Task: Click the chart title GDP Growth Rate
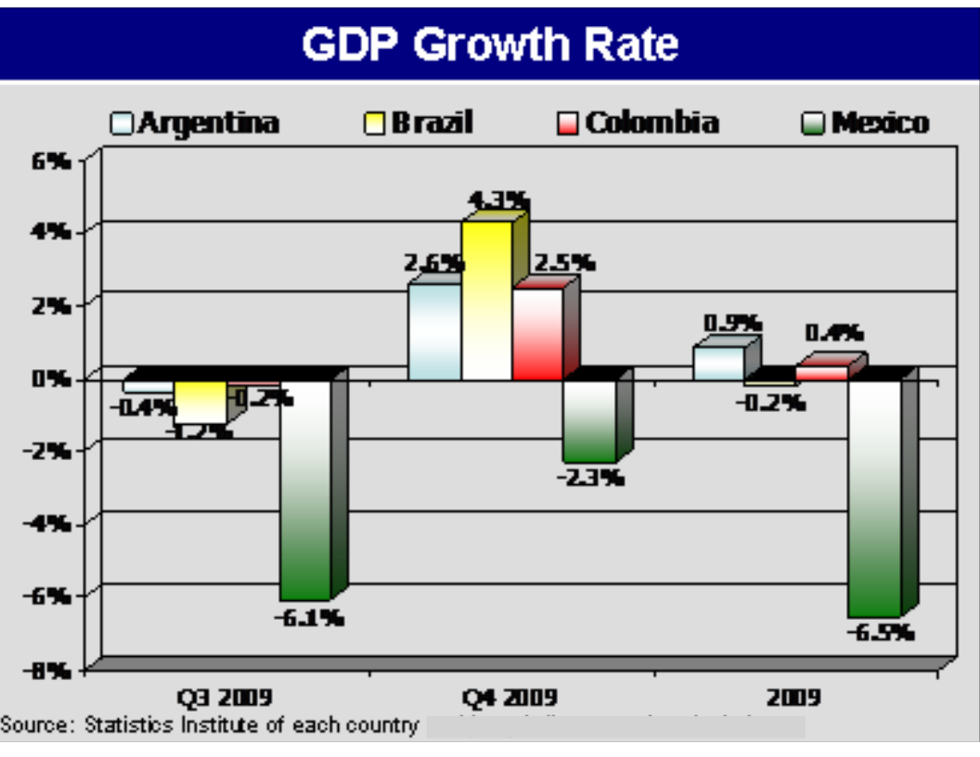490,44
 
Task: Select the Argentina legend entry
195,122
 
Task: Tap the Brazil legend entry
419,122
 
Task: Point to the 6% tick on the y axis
52,160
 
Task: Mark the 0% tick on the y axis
52,378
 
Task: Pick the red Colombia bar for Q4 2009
537,333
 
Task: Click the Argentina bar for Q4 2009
434,331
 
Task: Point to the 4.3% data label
497,200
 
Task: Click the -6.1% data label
308,617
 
